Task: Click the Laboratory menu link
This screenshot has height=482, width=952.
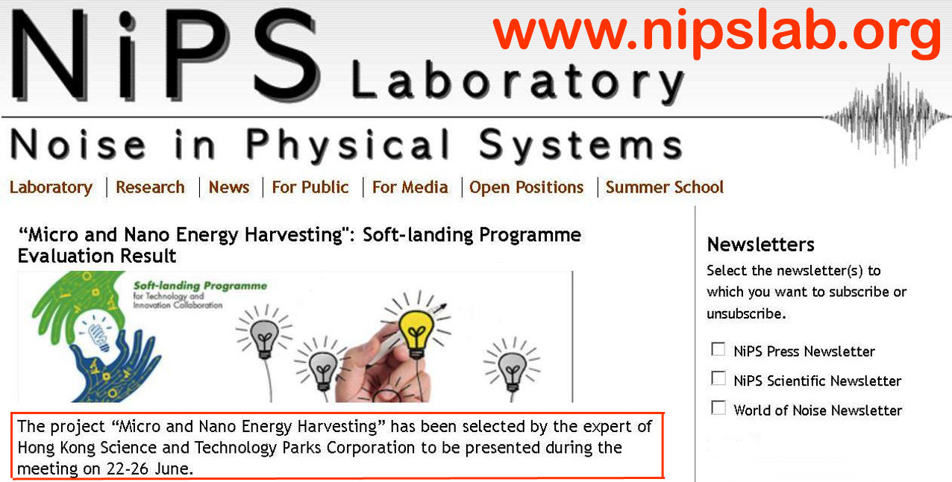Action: pyautogui.click(x=51, y=187)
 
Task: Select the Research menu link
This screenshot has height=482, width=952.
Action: pyautogui.click(x=151, y=187)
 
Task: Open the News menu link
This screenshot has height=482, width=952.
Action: pyautogui.click(x=229, y=187)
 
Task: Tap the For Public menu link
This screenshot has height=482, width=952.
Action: pyautogui.click(x=310, y=187)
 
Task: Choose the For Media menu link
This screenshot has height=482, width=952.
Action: pyautogui.click(x=410, y=187)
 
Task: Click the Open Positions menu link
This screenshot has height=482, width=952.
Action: pyautogui.click(x=527, y=187)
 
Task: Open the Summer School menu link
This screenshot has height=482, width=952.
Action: pyautogui.click(x=665, y=187)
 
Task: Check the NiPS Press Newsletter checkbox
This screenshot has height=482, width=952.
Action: pyautogui.click(x=718, y=349)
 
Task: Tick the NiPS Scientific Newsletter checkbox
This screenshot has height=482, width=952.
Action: pyautogui.click(x=718, y=378)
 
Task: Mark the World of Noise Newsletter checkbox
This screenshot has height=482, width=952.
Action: pyautogui.click(x=718, y=407)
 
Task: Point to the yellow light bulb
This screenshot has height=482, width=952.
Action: pyautogui.click(x=416, y=334)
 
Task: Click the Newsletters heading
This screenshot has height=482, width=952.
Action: pyautogui.click(x=761, y=245)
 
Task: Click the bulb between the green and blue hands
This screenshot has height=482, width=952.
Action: pyautogui.click(x=98, y=334)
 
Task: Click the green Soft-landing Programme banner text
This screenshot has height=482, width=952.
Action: pyautogui.click(x=200, y=286)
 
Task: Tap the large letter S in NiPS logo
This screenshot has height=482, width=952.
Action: pyautogui.click(x=287, y=54)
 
